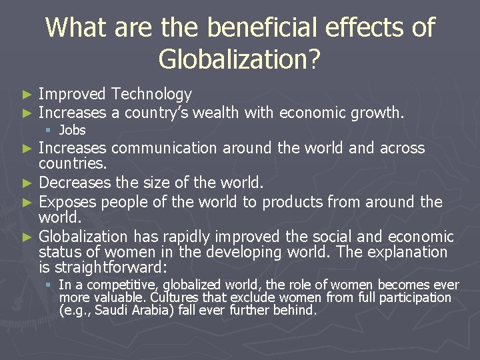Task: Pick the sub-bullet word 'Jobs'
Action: click(72, 130)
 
